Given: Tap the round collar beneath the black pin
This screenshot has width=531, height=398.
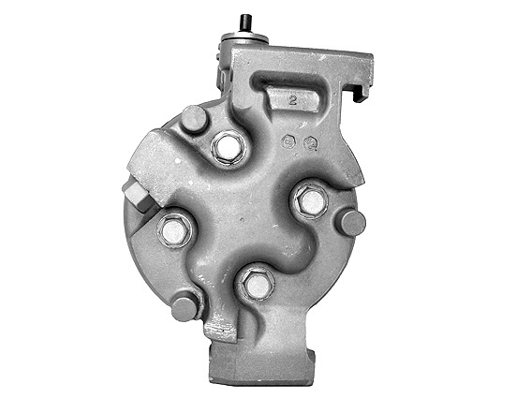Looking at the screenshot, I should pyautogui.click(x=243, y=38).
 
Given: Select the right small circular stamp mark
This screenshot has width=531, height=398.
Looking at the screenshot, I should pyautogui.click(x=310, y=144).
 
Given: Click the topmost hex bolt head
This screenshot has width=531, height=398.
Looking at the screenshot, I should pyautogui.click(x=228, y=147).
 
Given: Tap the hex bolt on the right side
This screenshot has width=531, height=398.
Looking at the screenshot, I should pyautogui.click(x=310, y=199).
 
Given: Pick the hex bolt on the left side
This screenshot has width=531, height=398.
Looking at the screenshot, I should pyautogui.click(x=175, y=229).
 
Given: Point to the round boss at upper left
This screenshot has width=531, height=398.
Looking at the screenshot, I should pyautogui.click(x=194, y=119).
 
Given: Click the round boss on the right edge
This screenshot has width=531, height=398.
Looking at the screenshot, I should pyautogui.click(x=351, y=222).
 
